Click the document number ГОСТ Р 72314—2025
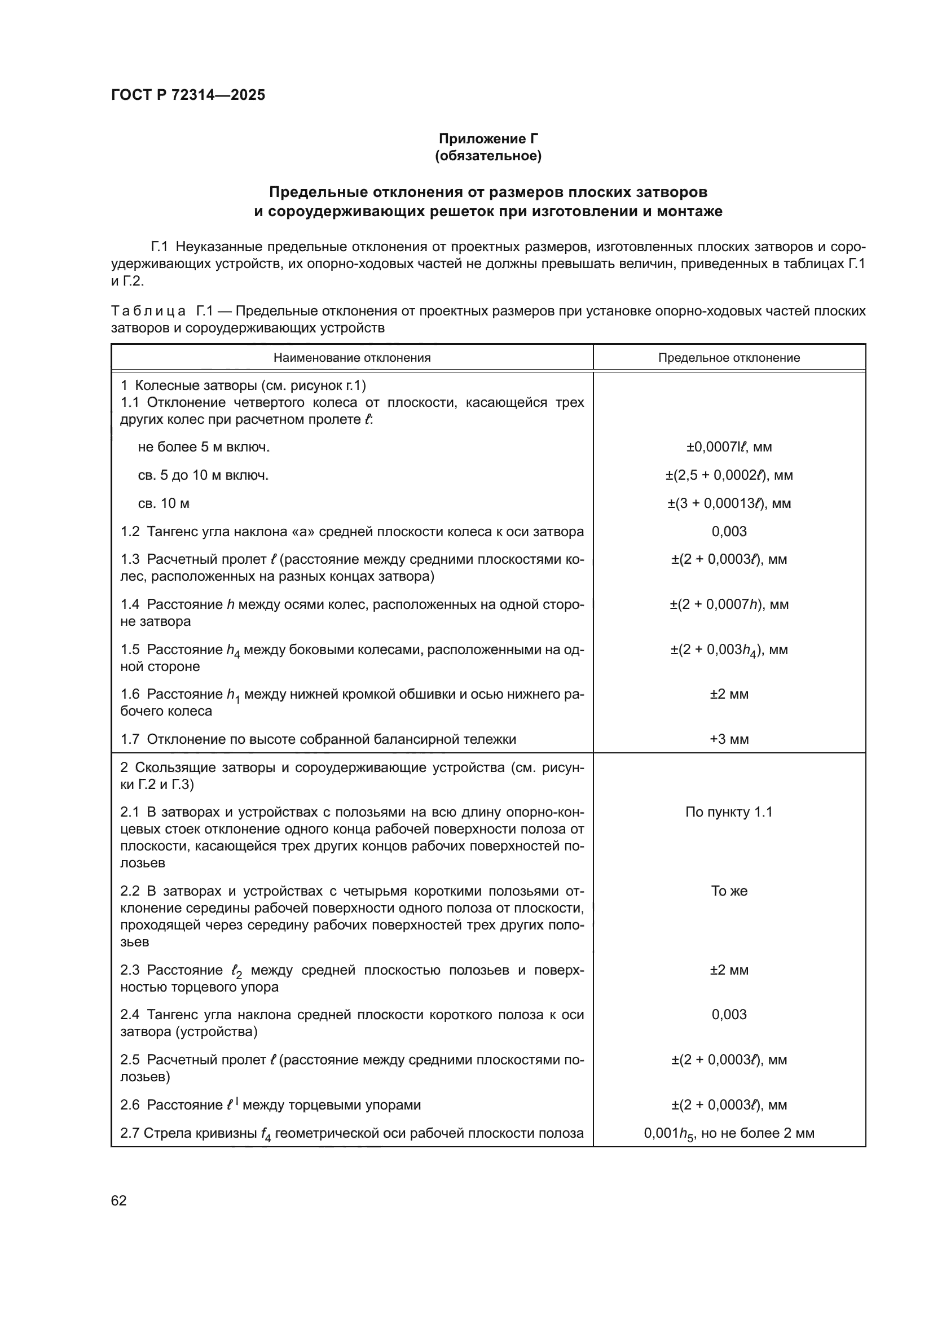click(188, 95)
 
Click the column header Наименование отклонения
click(351, 358)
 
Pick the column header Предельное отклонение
click(728, 358)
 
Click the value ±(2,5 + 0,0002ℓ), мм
click(728, 475)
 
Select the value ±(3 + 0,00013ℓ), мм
click(728, 503)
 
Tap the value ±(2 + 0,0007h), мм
click(728, 604)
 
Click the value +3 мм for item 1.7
click(728, 739)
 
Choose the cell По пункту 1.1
click(728, 812)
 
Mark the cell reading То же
click(728, 891)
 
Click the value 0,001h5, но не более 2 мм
click(728, 1133)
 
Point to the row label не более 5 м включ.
click(204, 448)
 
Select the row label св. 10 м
click(164, 503)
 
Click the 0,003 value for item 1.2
click(728, 531)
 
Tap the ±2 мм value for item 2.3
click(728, 971)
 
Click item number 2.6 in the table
click(130, 1105)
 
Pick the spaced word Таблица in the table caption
click(148, 312)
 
